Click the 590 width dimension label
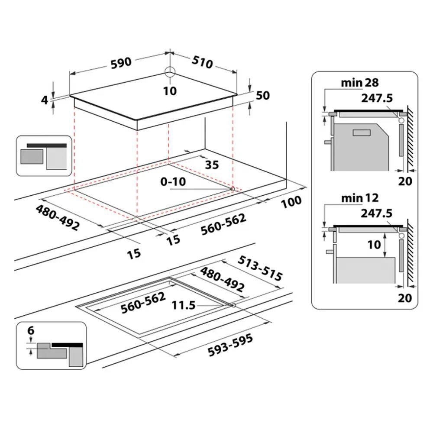pyautogui.click(x=121, y=63)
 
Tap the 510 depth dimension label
pyautogui.click(x=202, y=62)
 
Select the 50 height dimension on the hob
pyautogui.click(x=263, y=95)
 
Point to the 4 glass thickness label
pyautogui.click(x=45, y=100)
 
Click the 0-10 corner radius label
pyautogui.click(x=173, y=182)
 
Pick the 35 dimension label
pyautogui.click(x=212, y=165)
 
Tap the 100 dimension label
pyautogui.click(x=291, y=202)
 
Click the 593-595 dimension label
pyautogui.click(x=230, y=345)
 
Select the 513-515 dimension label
pyautogui.click(x=260, y=268)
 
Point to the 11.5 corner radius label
pyautogui.click(x=184, y=305)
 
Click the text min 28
pyautogui.click(x=360, y=83)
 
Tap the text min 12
pyautogui.click(x=360, y=198)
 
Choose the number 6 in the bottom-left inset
pyautogui.click(x=31, y=330)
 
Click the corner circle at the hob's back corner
pyautogui.click(x=170, y=72)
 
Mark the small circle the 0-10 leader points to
pyautogui.click(x=233, y=189)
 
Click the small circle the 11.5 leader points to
pyautogui.click(x=234, y=305)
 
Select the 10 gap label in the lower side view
pyautogui.click(x=374, y=244)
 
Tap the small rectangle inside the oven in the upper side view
pyautogui.click(x=362, y=133)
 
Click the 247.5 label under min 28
pyautogui.click(x=377, y=98)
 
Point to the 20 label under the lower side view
pyautogui.click(x=405, y=298)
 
